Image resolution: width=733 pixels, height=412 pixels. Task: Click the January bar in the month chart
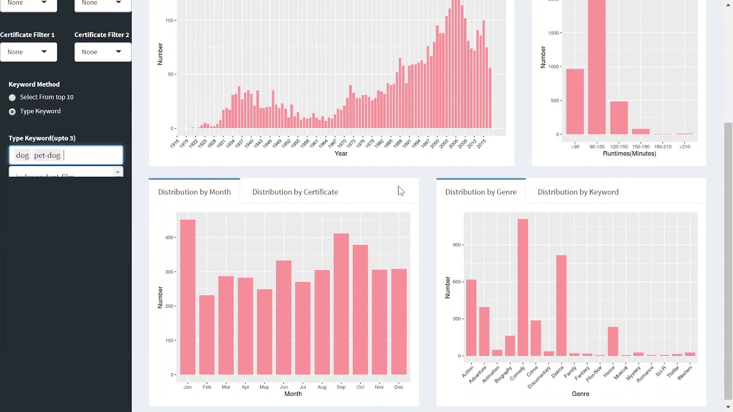coord(188,298)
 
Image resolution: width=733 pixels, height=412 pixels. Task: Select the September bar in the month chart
coord(341,304)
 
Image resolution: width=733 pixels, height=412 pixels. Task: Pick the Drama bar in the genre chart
coord(561,306)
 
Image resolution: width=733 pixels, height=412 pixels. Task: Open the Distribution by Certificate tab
coord(295,192)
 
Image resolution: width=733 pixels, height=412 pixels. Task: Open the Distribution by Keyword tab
coord(578,192)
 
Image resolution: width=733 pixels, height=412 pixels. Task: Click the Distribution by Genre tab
coord(480,192)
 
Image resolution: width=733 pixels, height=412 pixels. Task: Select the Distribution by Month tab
coord(194,192)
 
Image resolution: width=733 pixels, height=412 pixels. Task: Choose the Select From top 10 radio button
coord(12,98)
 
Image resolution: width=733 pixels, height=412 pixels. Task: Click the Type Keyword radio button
coord(12,112)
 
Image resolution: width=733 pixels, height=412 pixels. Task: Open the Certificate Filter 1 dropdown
coord(28,52)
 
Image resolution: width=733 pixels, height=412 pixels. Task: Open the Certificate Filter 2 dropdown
coord(103,52)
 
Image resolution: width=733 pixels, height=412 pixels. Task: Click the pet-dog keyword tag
coord(47,156)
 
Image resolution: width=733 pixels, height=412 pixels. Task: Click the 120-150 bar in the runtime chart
coord(619,118)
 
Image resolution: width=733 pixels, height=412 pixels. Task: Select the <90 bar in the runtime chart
coord(575,102)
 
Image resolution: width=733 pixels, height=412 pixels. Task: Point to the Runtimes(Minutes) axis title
coord(629,154)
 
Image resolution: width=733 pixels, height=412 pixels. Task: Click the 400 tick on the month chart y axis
coord(168,237)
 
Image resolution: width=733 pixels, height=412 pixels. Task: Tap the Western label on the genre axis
coord(685,373)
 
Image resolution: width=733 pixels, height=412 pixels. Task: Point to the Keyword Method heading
coord(34,84)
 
